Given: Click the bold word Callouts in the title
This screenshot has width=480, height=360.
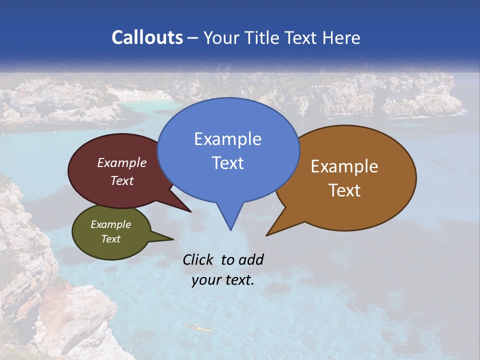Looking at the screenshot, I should [147, 37].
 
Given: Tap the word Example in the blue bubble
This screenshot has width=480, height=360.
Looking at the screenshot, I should [227, 139].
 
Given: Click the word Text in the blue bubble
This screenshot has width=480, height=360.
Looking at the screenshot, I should [227, 162].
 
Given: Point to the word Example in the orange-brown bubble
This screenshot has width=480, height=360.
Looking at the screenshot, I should [344, 166].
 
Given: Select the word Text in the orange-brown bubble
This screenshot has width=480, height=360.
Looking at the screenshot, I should [344, 190].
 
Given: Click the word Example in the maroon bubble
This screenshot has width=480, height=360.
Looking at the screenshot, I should [122, 162].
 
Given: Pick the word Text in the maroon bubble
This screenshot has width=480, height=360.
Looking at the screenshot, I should [122, 180].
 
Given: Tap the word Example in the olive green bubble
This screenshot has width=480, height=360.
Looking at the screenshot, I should [110, 224].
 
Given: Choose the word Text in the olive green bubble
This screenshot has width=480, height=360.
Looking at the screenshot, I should [110, 239].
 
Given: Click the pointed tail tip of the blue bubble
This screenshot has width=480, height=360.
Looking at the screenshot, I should [230, 229].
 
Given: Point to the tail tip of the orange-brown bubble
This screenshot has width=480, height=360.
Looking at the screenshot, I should [267, 235].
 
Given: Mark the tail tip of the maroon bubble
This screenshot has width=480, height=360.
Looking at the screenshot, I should [190, 211].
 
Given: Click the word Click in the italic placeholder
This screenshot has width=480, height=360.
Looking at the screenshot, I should [198, 259].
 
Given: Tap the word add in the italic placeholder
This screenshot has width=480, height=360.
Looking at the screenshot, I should [251, 259].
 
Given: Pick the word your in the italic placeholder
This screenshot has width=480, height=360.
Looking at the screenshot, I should [206, 280].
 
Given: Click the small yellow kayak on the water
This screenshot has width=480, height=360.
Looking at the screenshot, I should [197, 327].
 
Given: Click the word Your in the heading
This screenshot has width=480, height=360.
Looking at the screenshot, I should [220, 37].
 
